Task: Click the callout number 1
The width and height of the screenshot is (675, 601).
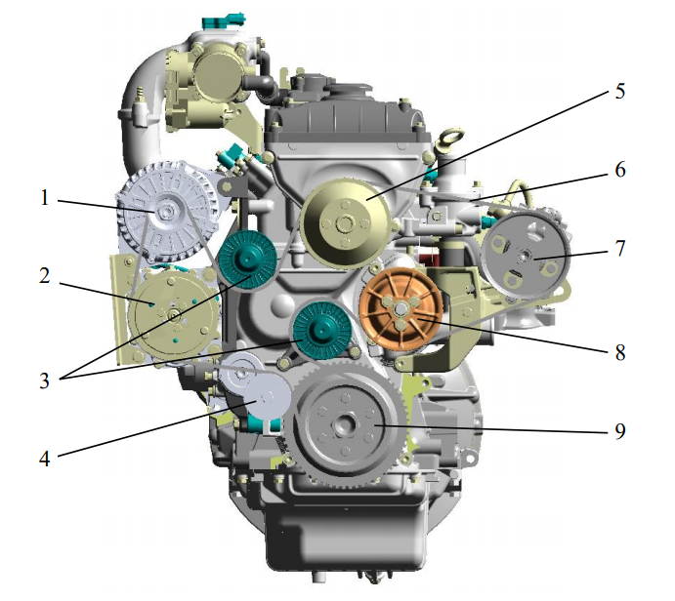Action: [45, 199]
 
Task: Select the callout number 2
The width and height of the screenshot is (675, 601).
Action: [45, 276]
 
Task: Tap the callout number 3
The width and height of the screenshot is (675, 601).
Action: [45, 381]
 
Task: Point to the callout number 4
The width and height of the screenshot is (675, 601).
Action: [45, 460]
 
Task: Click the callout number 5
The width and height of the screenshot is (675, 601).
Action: [620, 91]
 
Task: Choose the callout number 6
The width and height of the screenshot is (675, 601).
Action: [620, 170]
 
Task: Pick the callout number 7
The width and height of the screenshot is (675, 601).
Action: [620, 249]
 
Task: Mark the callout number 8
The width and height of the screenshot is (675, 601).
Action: [620, 352]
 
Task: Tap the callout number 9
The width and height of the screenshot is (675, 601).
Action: [620, 431]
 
